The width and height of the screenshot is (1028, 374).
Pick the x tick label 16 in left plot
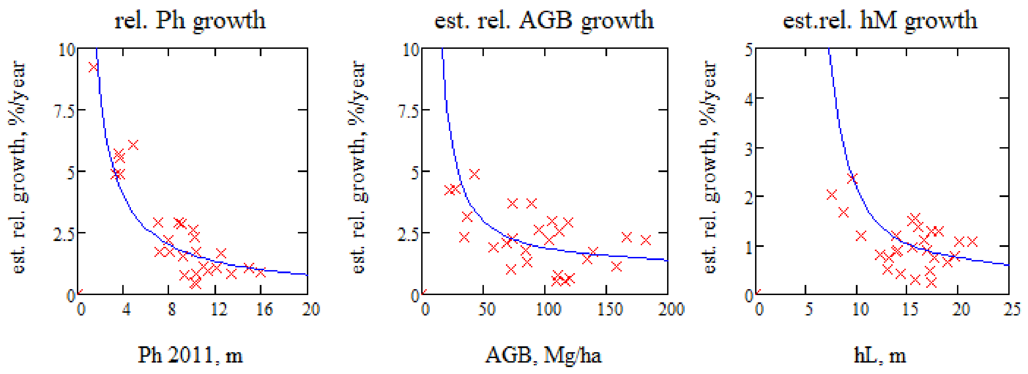tap(264, 309)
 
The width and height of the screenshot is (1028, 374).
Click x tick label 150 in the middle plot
tap(609, 309)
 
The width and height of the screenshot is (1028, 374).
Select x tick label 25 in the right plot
tap(1011, 309)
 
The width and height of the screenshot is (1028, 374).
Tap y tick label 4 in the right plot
tap(748, 99)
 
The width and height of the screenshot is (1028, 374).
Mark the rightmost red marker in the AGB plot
tap(645, 240)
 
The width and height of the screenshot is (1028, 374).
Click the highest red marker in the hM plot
tap(852, 178)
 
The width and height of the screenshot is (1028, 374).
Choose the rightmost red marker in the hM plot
tap(972, 241)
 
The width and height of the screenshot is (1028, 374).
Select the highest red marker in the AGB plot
tap(474, 174)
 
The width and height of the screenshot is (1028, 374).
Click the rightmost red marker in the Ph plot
tap(260, 272)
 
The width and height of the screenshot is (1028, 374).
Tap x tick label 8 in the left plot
tap(171, 309)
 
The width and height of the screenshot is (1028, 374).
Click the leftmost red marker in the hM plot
tap(832, 195)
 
